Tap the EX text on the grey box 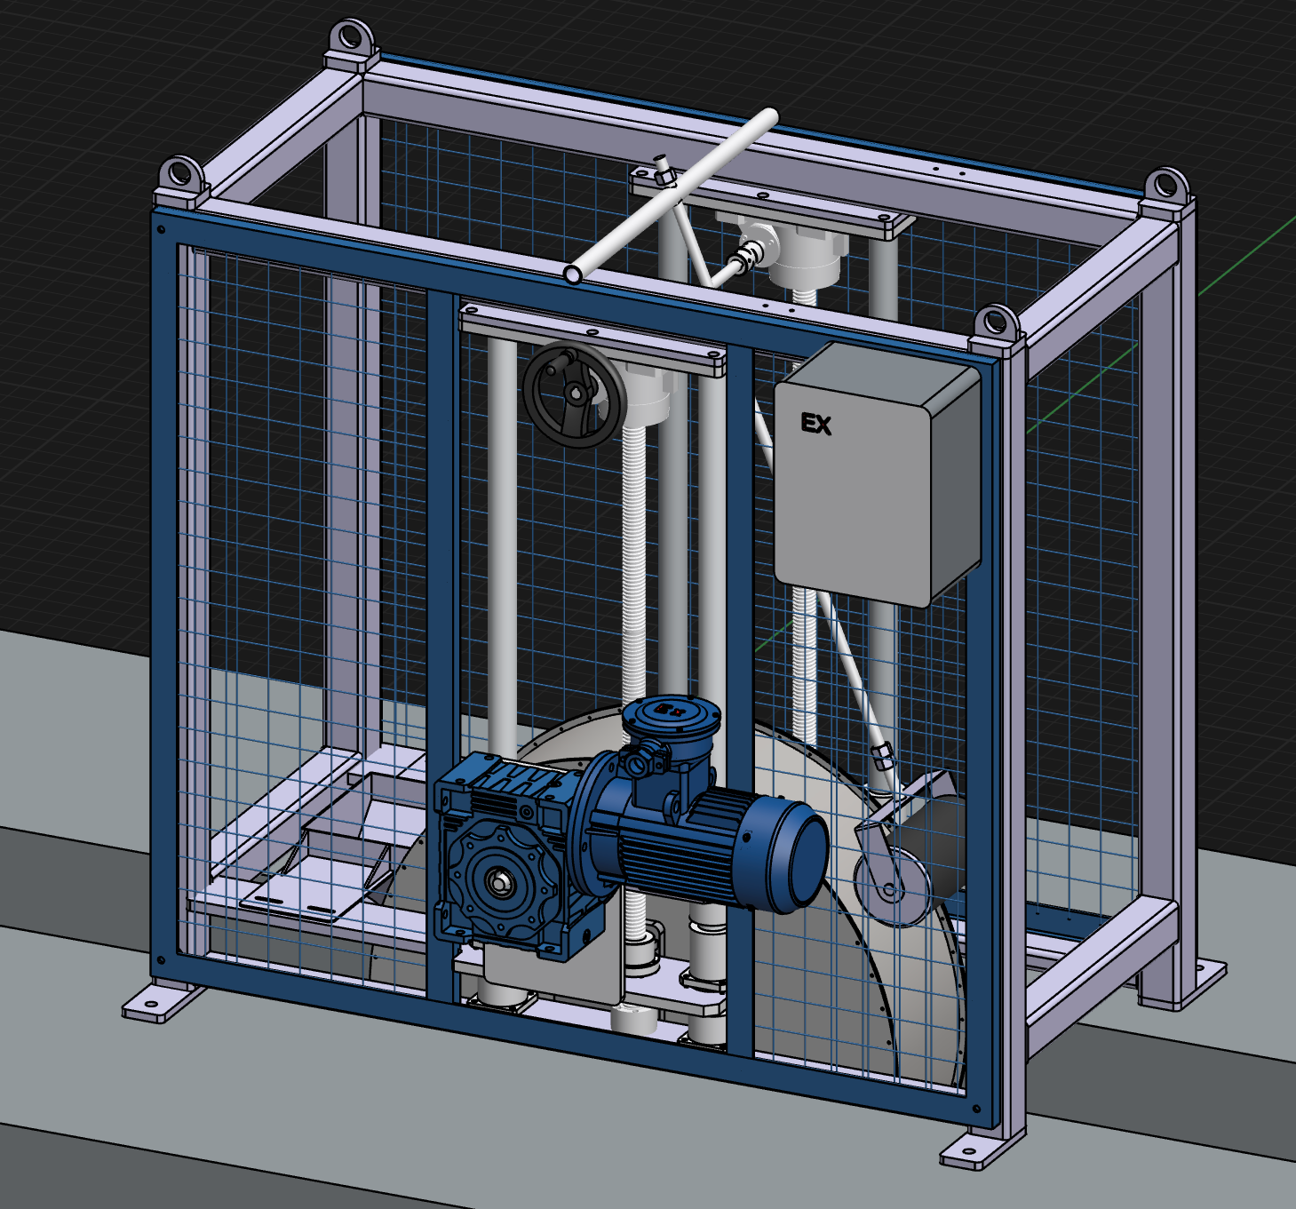(x=815, y=425)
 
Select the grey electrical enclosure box (x=878, y=474)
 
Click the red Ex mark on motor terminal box (x=672, y=708)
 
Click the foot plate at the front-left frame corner (x=155, y=1001)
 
